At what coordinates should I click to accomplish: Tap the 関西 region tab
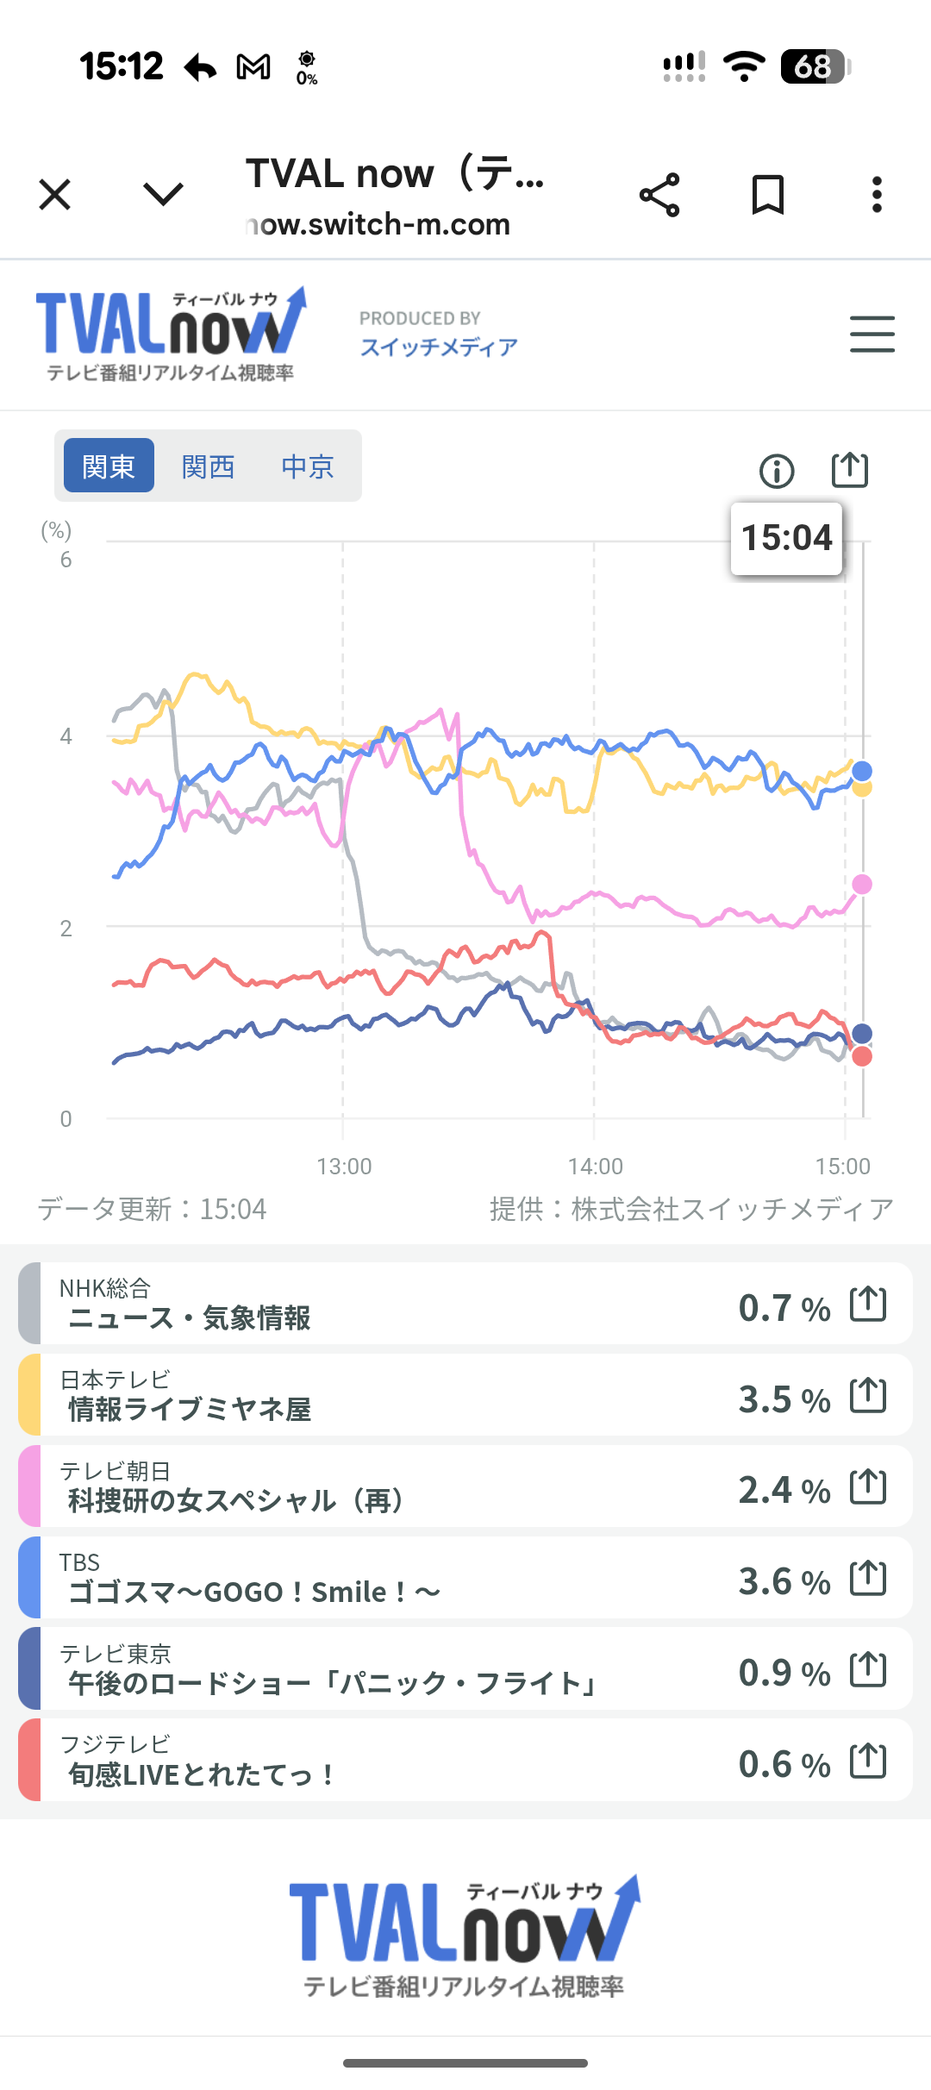[208, 466]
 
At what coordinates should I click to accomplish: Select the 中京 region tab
[307, 466]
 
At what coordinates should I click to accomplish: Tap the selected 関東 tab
[109, 466]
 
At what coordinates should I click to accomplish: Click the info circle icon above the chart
[777, 471]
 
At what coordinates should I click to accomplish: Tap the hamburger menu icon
[872, 335]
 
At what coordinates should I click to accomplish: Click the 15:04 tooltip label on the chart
[786, 538]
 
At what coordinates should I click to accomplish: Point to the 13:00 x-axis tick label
[344, 1167]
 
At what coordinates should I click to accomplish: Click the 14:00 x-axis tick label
[595, 1167]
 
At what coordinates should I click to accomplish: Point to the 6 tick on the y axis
[66, 560]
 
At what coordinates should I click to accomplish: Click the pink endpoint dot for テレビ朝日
[862, 884]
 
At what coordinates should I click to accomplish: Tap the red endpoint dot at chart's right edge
[862, 1057]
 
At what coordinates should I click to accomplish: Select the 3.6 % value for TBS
[784, 1581]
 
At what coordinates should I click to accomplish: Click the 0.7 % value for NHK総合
[784, 1308]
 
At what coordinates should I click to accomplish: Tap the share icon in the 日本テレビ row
[868, 1395]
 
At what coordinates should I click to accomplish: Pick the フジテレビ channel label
[115, 1744]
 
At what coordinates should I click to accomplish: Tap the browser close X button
[55, 195]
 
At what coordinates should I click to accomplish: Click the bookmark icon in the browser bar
[767, 195]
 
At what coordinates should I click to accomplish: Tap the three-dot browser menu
[877, 195]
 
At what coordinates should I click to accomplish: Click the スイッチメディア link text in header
[439, 347]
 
